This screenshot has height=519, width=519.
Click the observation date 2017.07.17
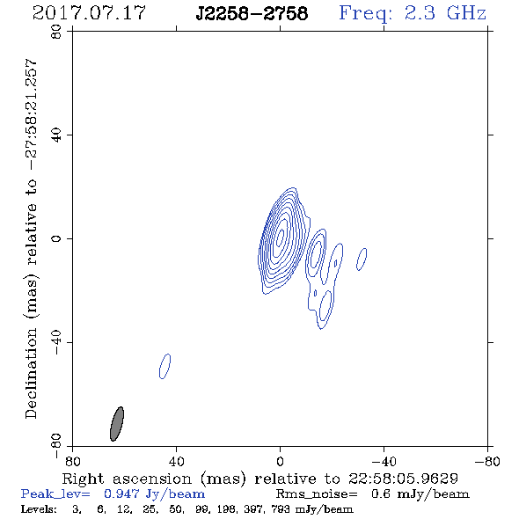(x=89, y=13)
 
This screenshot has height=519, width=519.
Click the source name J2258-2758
(x=252, y=14)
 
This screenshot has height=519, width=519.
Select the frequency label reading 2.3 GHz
(x=445, y=13)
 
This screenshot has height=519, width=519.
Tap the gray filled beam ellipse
(x=117, y=424)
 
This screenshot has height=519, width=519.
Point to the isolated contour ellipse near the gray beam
(x=164, y=366)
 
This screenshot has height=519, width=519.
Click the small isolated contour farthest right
(x=362, y=259)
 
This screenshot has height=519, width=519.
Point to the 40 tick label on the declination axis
(x=56, y=135)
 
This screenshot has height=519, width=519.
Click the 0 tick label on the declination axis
(x=56, y=238)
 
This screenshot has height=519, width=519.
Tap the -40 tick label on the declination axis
(x=56, y=342)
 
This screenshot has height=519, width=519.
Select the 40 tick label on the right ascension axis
(x=176, y=461)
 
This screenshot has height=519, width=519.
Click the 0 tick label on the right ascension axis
(x=280, y=461)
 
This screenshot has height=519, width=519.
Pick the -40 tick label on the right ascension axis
(x=384, y=461)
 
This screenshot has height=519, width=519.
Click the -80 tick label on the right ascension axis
(x=487, y=461)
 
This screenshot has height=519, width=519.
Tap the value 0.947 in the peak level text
(x=121, y=493)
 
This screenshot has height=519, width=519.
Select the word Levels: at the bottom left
(x=39, y=509)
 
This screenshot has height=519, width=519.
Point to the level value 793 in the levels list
(x=280, y=509)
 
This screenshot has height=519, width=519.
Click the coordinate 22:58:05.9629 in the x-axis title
(x=403, y=479)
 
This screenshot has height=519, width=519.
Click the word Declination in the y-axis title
(x=31, y=373)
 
